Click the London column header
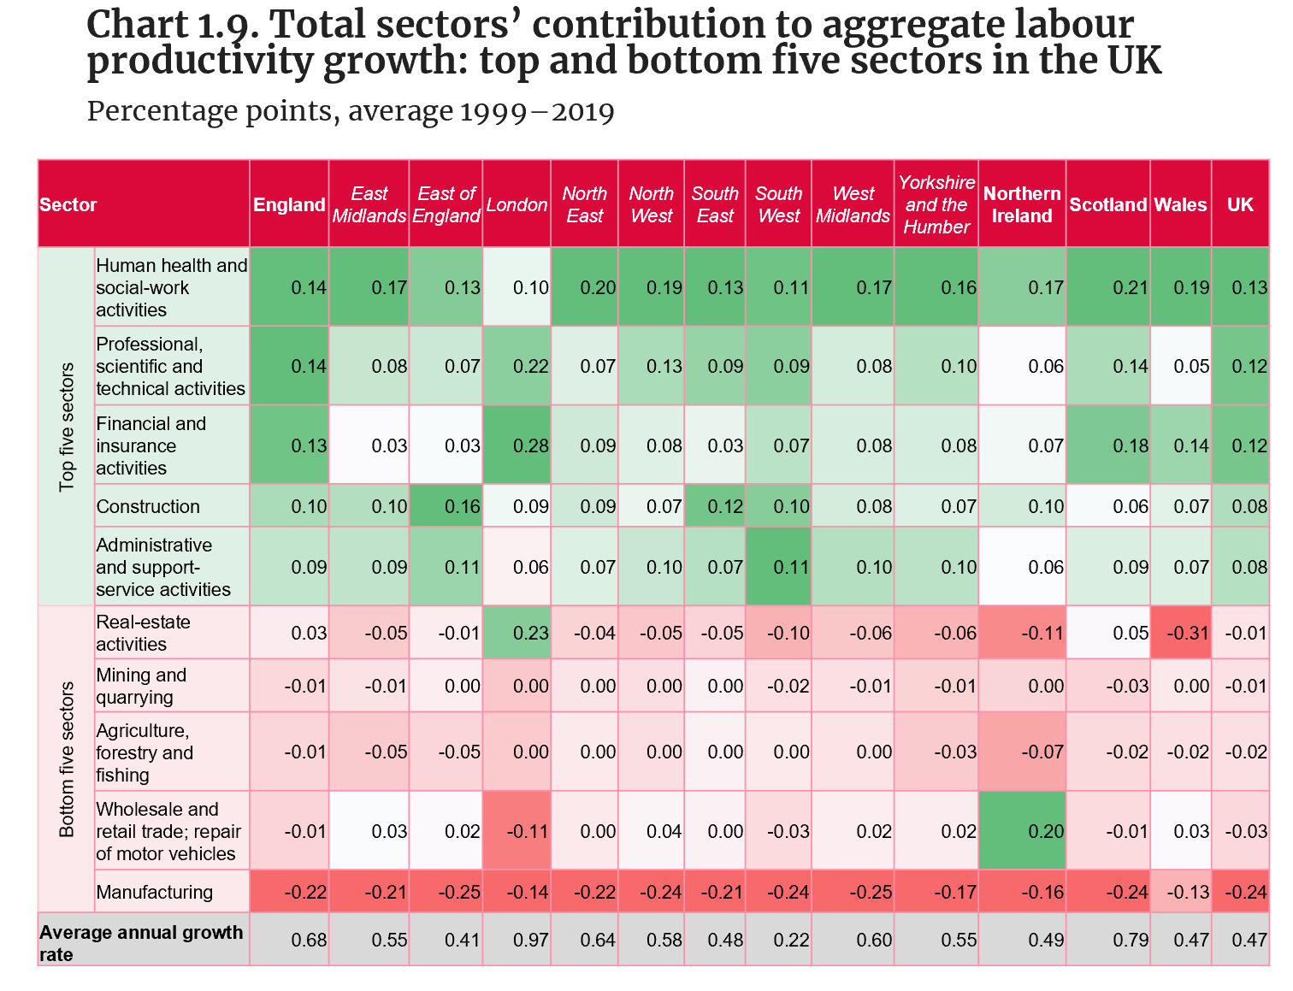[x=517, y=204]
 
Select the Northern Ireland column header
[x=1022, y=204]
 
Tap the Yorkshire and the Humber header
[x=936, y=204]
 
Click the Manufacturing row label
[x=155, y=892]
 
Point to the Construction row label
[x=148, y=506]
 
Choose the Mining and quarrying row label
[x=141, y=686]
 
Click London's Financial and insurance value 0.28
[x=530, y=445]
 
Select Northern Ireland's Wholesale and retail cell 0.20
[x=1045, y=830]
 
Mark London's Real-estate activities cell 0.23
[x=530, y=633]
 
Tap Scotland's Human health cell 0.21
[x=1130, y=287]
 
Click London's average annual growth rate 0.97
[x=530, y=940]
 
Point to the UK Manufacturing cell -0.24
[x=1249, y=892]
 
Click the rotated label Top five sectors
[x=68, y=428]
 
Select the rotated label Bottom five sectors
[x=68, y=759]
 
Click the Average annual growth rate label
[x=141, y=942]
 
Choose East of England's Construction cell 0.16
[x=462, y=506]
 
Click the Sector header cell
[x=68, y=204]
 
